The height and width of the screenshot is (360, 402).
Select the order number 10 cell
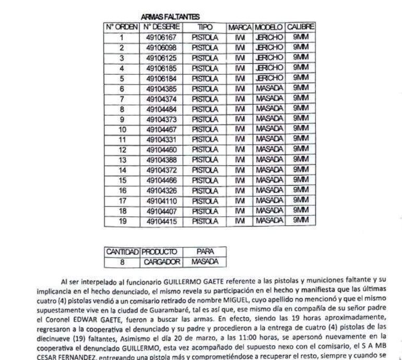pyautogui.click(x=122, y=130)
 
